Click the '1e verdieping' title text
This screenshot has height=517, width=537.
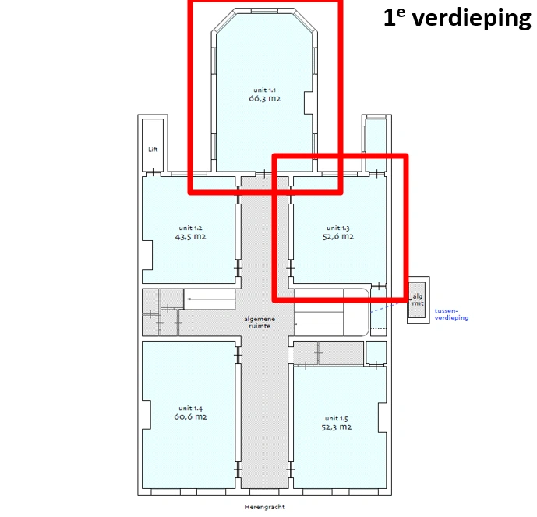457,19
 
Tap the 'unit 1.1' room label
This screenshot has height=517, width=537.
264,90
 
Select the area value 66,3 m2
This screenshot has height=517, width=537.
264,100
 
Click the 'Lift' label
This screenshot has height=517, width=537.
153,149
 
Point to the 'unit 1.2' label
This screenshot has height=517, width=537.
190,228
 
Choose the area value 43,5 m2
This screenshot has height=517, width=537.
190,237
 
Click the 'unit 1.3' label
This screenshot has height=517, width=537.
339,228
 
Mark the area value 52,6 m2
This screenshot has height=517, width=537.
339,237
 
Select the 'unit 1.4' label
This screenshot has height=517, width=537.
190,408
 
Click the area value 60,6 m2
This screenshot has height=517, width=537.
190,417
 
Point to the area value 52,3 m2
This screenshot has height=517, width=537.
337,427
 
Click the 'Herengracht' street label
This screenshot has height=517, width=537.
264,507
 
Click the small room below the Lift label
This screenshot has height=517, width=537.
153,164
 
